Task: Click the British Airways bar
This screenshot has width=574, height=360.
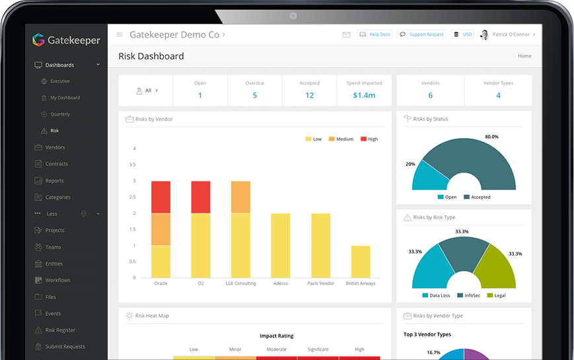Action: point(361,262)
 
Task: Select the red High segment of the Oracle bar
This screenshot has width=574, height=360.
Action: point(161,197)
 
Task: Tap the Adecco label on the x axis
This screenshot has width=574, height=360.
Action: point(281,283)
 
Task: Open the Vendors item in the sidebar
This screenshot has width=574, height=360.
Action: point(55,147)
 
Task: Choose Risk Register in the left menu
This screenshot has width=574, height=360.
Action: point(60,330)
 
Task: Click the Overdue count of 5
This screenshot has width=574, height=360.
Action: point(254,95)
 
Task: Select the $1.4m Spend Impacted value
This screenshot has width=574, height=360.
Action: point(364,95)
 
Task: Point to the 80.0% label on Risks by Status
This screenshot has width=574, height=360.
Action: point(491,137)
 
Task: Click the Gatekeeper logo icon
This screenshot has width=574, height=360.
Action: point(38,40)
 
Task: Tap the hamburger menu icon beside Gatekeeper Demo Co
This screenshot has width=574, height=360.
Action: point(120,34)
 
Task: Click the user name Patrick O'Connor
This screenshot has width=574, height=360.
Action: point(511,34)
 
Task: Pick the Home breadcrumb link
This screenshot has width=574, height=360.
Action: point(524,56)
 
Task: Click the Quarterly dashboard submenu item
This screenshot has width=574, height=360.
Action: point(60,114)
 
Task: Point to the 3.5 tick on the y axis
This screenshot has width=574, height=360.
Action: point(133,164)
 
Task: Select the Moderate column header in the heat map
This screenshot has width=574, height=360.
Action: point(277,349)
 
